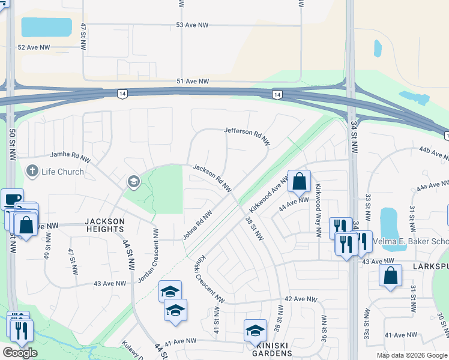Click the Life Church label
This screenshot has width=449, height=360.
[x=62, y=172]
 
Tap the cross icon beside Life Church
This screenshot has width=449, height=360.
[x=32, y=172]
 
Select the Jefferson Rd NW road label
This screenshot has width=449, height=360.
[x=247, y=136]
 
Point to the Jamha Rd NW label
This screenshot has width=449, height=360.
[x=71, y=155]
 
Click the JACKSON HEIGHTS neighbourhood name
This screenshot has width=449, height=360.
[x=105, y=226]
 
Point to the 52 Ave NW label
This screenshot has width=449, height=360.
[x=34, y=47]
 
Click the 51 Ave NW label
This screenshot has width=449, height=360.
[x=193, y=82]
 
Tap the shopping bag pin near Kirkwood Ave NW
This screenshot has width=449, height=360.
[x=299, y=181]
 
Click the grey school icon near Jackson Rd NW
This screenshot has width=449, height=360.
[x=133, y=181]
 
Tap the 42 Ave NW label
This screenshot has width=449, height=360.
[x=300, y=299]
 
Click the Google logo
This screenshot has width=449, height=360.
[x=20, y=353]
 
